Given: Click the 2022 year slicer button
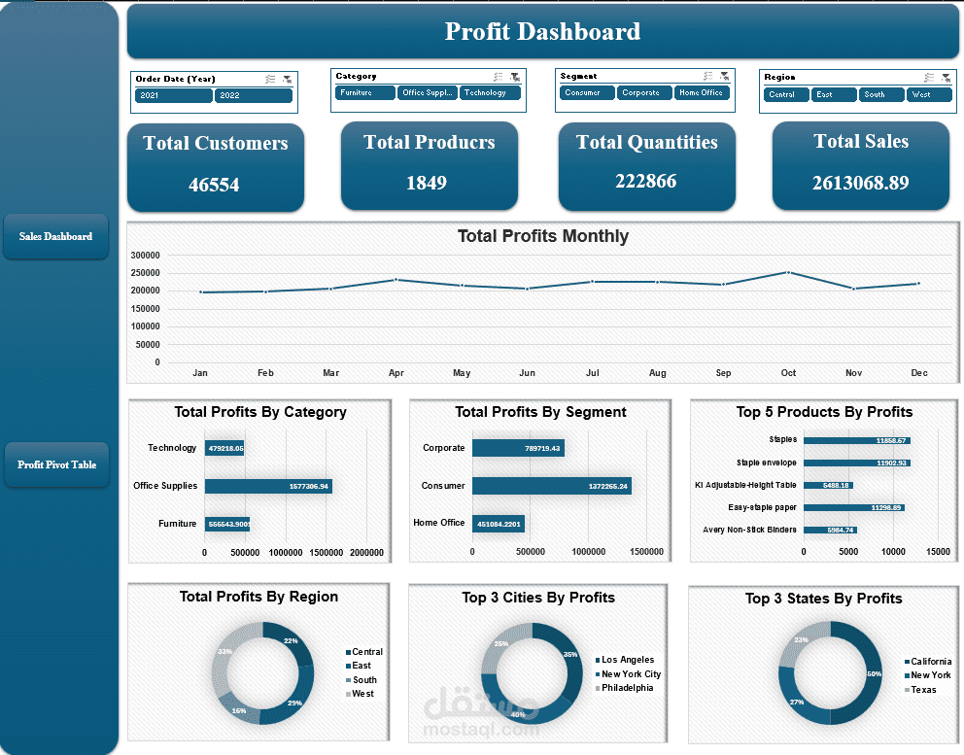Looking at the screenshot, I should pos(253,95).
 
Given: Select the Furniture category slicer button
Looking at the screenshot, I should pos(364,93).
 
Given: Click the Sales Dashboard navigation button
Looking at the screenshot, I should pos(55,236).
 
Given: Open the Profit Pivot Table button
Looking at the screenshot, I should pos(56,464).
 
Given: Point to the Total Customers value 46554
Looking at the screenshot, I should pos(214,185).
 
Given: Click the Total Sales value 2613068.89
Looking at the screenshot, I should pos(860,182).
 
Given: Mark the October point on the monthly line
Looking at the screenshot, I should pos(788,272).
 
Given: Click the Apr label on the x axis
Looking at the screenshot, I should pos(396,373).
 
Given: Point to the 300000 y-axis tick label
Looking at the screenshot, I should pos(144,255).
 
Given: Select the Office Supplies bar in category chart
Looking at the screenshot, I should pos(268,486).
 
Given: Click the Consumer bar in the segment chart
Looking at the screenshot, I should pos(551,486).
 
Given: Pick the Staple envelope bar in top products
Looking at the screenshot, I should pos(856,463).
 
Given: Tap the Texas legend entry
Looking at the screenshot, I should pos(923,690).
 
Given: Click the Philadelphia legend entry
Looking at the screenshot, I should pos(627,688).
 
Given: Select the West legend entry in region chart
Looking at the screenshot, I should pos(361,694).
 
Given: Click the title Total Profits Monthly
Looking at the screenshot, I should pos(542,236).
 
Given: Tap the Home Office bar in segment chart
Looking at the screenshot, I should pos(498,524).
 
